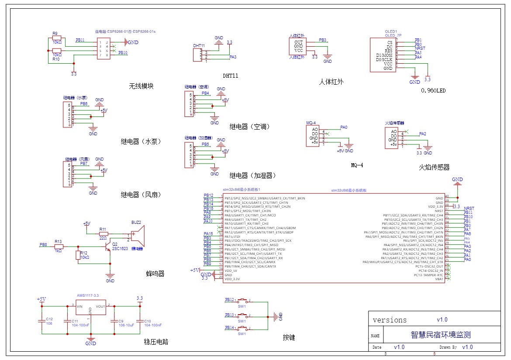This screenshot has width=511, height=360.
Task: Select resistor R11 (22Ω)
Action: click(x=103, y=233)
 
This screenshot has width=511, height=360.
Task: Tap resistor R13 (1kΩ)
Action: click(x=59, y=247)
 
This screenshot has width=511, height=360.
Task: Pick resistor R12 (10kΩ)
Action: click(x=78, y=256)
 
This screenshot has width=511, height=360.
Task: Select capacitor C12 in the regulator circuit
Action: click(x=42, y=322)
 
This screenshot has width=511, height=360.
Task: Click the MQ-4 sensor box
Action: click(x=313, y=136)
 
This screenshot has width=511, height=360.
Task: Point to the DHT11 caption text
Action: click(x=231, y=75)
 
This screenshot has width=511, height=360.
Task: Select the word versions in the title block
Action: click(x=390, y=320)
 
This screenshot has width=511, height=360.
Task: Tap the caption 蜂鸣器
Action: click(x=155, y=274)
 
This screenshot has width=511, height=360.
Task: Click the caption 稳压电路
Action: click(x=156, y=342)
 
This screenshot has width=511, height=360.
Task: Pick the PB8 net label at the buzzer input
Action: click(x=43, y=244)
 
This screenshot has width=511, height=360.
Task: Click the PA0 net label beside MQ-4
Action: click(x=344, y=127)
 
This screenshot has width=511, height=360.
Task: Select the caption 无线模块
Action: click(x=141, y=86)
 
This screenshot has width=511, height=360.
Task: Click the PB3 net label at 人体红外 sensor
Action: click(x=323, y=40)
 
